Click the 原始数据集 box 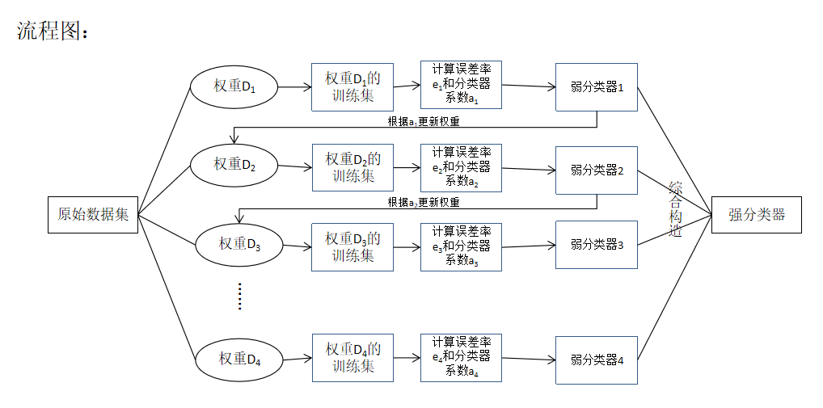pos(93,214)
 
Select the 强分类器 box pos(756,214)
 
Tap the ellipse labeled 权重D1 pos(234,86)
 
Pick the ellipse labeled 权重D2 pos(234,165)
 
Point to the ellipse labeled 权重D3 pos(240,243)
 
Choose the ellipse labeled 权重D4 pos(240,357)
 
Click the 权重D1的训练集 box pos(352,86)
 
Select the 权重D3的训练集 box pos(352,246)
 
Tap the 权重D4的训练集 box pos(352,357)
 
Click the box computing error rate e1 pos(461,85)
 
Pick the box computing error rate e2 pos(461,167)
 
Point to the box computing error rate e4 pos(461,357)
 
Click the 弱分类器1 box pos(597,86)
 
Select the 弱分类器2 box pos(597,170)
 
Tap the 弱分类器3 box pos(597,244)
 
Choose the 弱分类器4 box pos(597,360)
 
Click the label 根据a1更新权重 pos(424,121)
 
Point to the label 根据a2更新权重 pos(424,202)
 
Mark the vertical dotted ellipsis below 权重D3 pos(239,297)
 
